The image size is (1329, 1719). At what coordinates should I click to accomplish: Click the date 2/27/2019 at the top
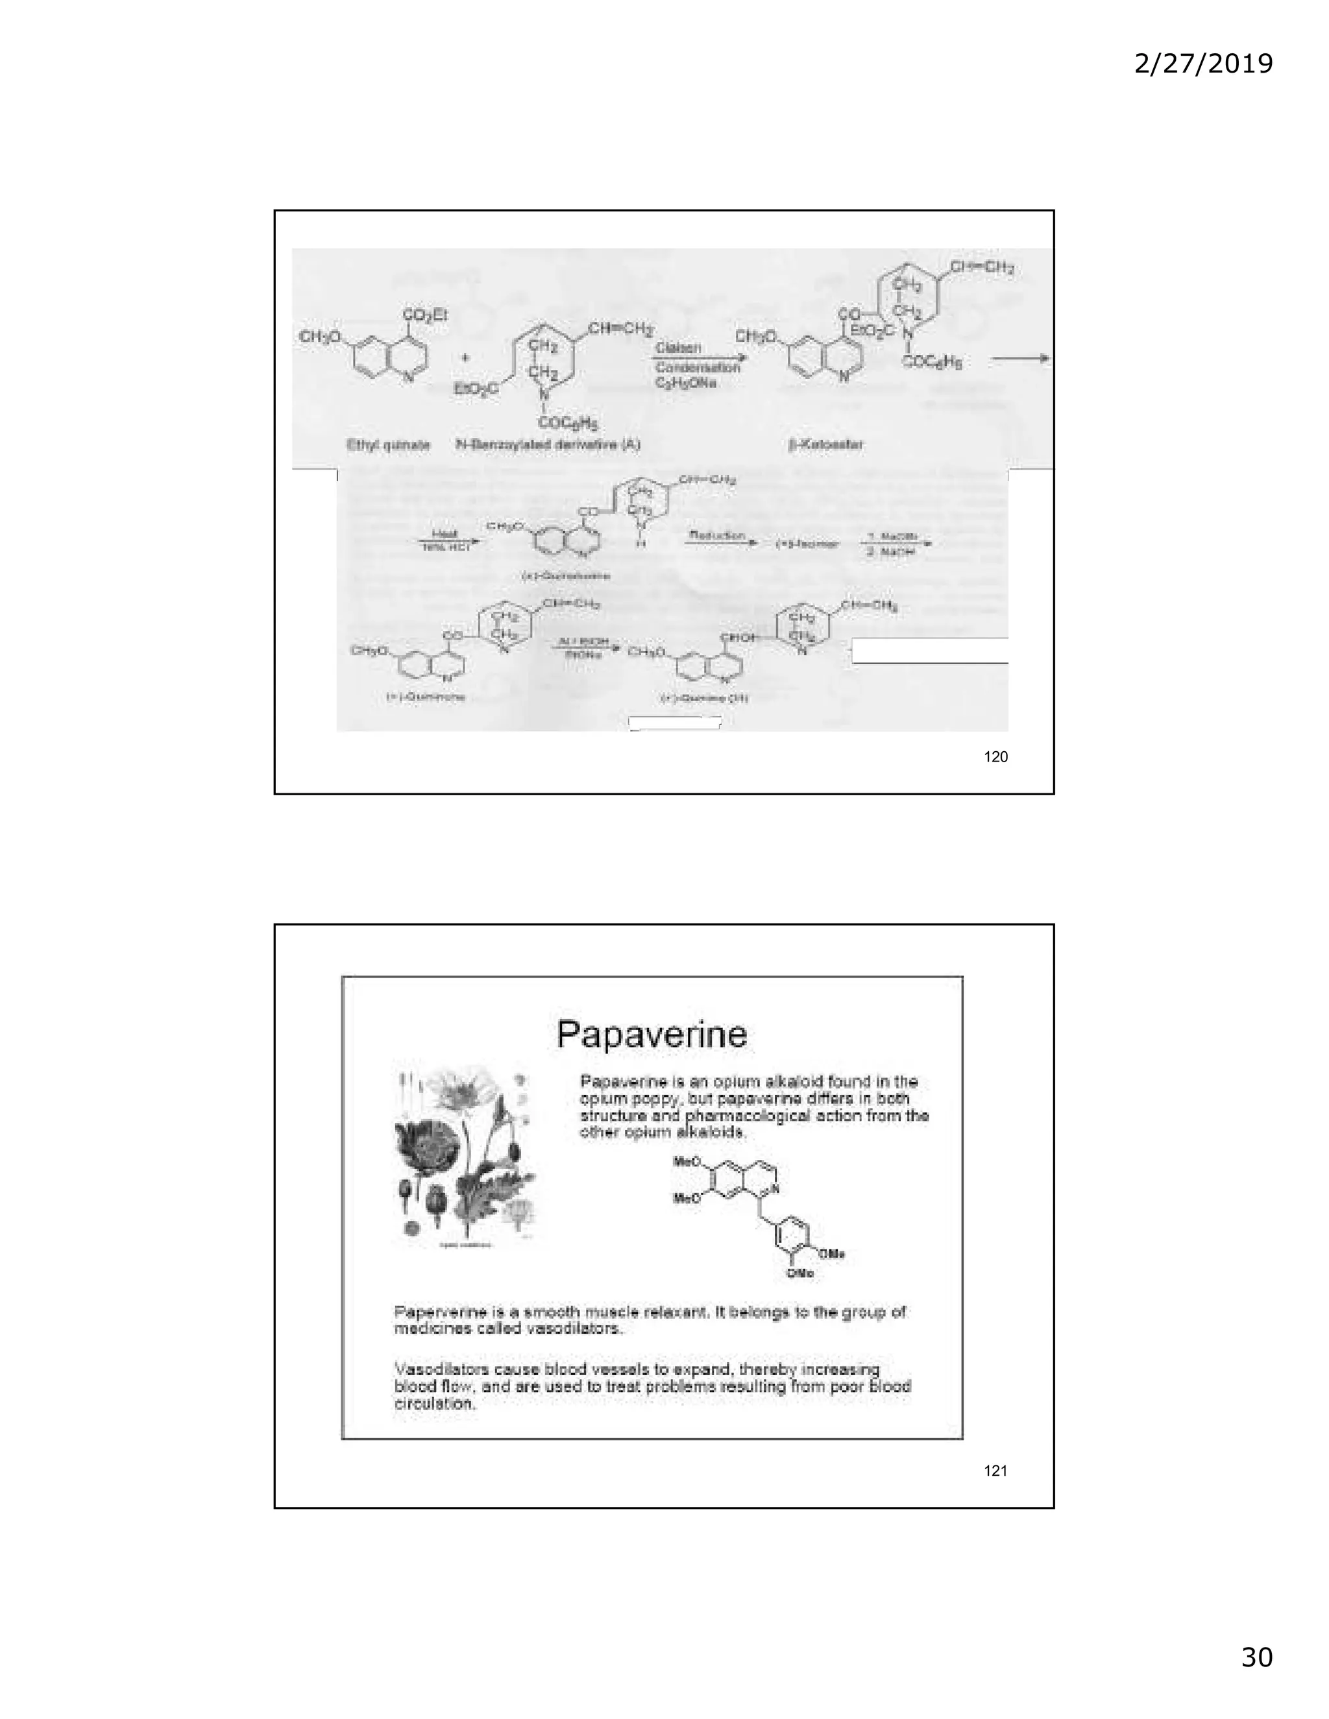pos(1203,63)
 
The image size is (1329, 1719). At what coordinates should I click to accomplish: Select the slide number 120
pos(995,756)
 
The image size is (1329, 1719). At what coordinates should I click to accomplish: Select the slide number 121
pos(995,1471)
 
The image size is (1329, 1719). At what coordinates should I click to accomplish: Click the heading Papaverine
pos(652,1033)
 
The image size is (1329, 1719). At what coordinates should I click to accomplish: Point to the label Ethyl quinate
pos(388,445)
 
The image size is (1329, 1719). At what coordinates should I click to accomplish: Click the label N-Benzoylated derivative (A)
pos(548,445)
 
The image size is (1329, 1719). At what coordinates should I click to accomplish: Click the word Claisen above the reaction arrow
pos(678,347)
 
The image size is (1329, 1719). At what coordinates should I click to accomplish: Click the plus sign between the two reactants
pos(466,357)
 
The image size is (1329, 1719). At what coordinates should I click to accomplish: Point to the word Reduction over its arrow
pos(716,535)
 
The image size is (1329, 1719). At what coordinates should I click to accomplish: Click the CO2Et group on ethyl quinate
pos(425,314)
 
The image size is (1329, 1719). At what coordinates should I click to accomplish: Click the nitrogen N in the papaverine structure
pos(775,1188)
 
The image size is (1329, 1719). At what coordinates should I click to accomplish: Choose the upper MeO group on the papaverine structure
pos(687,1162)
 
